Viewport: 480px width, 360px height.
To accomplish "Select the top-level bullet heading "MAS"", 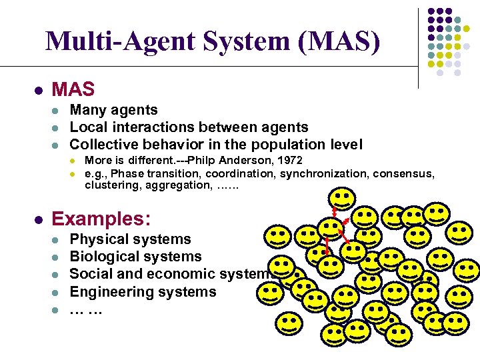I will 73,89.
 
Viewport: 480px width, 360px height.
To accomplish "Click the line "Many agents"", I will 114,110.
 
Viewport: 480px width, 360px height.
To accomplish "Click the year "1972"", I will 288,161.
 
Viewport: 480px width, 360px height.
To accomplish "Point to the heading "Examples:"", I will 101,219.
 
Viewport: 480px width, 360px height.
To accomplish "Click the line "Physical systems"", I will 131,239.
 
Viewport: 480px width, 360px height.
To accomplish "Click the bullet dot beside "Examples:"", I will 40,219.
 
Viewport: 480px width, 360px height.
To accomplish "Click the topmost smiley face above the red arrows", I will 342,198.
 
